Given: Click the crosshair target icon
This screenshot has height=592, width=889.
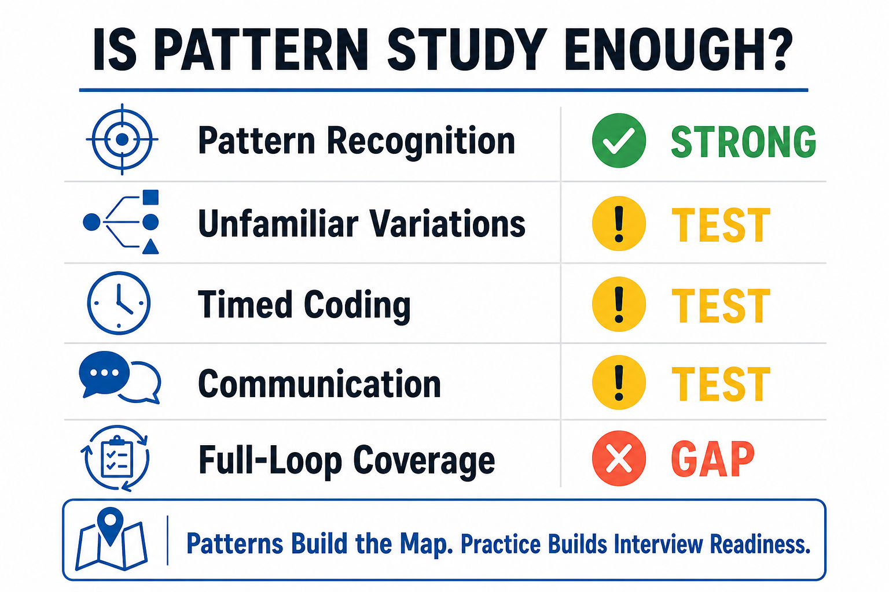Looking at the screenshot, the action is tap(122, 139).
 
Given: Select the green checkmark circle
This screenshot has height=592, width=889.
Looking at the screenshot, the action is tap(619, 140).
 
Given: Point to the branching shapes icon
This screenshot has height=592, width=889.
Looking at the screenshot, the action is tap(121, 221).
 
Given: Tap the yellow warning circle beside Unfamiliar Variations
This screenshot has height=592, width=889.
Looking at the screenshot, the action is tap(619, 223).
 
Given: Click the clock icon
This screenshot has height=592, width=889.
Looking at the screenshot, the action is tap(119, 302).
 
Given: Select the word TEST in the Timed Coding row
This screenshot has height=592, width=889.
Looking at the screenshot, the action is tap(721, 305).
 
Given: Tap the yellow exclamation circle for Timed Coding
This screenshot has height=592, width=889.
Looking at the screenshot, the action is tap(619, 304).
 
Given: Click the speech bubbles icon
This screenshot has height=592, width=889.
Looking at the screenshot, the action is tap(120, 377).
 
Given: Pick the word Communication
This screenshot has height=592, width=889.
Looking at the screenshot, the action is tap(319, 383).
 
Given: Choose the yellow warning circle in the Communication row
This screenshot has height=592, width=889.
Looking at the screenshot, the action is tap(619, 382).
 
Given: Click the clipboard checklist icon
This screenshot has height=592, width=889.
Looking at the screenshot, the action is tap(116, 458).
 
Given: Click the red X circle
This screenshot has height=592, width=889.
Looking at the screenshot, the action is tap(619, 458).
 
